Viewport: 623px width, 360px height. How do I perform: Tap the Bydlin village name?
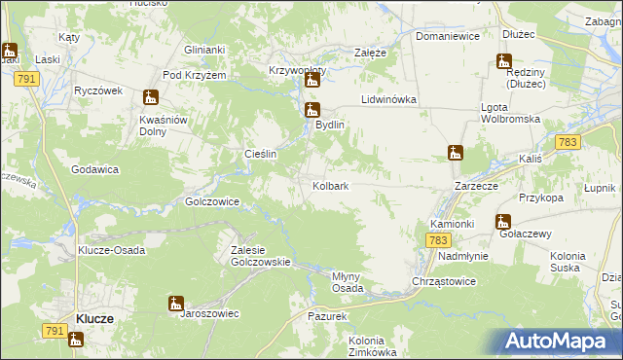tap(329, 126)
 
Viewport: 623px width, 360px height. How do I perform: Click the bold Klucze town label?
tap(95, 319)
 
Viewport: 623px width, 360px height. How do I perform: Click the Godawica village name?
tap(94, 168)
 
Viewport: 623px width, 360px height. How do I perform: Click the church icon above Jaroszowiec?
tap(175, 303)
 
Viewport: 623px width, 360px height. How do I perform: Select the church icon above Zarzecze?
tap(455, 153)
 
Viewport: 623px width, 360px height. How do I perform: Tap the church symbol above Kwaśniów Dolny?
tap(150, 97)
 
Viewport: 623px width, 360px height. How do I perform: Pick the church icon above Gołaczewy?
tap(503, 222)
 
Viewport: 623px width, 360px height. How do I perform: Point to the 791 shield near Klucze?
tap(54, 333)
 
